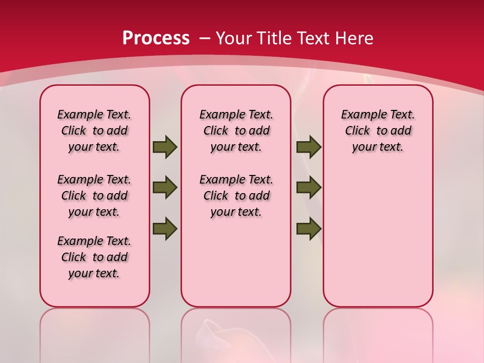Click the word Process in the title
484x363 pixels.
tap(156, 38)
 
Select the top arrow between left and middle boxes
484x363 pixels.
tap(165, 147)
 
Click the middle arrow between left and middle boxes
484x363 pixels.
tap(165, 188)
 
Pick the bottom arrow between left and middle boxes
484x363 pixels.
tap(165, 228)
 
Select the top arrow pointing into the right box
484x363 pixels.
tap(309, 147)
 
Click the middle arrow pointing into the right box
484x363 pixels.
tap(309, 188)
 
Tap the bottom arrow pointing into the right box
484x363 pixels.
tap(309, 228)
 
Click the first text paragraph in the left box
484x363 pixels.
tap(94, 131)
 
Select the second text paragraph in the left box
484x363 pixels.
tap(94, 196)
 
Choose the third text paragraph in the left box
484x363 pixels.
tap(94, 257)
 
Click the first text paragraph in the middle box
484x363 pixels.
tap(236, 131)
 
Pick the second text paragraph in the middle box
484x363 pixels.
tap(236, 196)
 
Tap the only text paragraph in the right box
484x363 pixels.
tap(378, 131)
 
